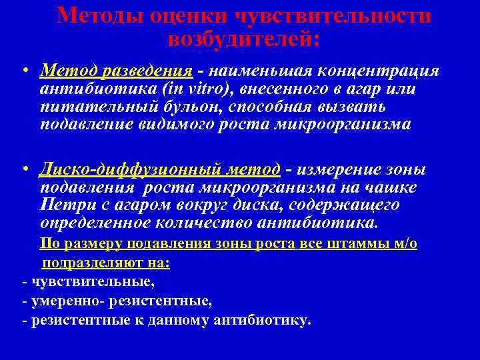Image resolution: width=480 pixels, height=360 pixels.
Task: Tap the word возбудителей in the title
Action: pos(244,39)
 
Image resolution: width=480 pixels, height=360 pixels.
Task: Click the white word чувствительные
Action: pos(90,282)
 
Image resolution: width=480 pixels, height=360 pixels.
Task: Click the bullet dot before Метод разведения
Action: pos(23,71)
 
